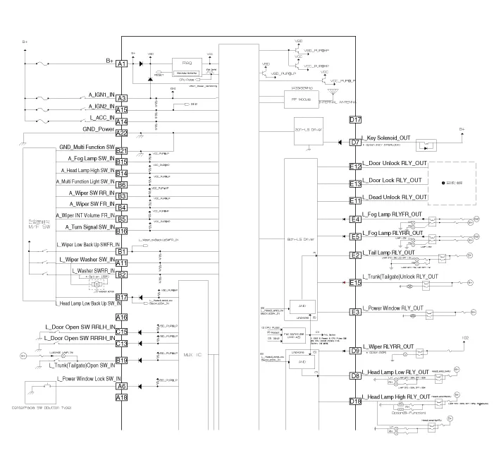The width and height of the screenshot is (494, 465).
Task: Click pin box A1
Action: [121, 64]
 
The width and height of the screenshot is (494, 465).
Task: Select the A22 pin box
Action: [121, 133]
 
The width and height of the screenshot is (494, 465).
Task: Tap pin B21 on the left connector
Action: [121, 151]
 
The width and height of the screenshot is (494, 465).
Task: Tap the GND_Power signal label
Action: [99, 129]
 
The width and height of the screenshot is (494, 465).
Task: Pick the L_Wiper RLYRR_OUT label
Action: [387, 346]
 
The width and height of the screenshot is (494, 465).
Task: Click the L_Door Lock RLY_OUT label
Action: [394, 181]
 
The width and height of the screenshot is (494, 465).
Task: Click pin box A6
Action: [121, 386]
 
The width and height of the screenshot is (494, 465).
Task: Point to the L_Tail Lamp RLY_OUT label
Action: [388, 251]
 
